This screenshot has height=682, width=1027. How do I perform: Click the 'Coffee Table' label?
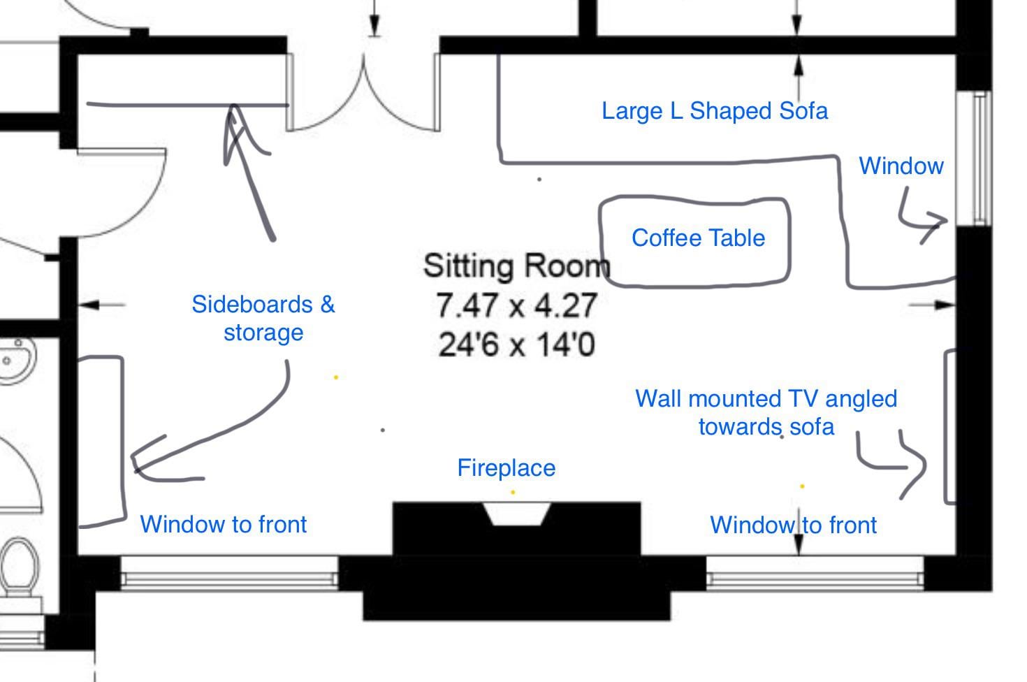(698, 238)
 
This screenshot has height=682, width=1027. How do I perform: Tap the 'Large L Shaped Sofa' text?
(715, 111)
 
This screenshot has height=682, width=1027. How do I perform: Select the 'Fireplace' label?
(506, 467)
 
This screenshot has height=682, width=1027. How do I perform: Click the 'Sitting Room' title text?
(516, 266)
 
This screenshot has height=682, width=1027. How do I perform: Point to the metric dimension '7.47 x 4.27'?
(516, 305)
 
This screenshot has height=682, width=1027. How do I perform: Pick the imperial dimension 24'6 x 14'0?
(516, 344)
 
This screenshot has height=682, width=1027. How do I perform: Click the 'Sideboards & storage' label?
(263, 318)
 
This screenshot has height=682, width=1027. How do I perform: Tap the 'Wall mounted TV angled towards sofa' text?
(766, 412)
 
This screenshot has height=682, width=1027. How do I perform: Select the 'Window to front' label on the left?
(223, 524)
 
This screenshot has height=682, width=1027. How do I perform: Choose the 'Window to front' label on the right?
(793, 525)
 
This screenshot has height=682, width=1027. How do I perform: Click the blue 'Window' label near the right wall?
(901, 166)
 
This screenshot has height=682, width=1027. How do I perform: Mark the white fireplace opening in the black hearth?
(516, 514)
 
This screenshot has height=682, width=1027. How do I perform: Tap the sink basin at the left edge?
(14, 360)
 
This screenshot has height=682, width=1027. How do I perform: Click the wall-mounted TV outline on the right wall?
(949, 426)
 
